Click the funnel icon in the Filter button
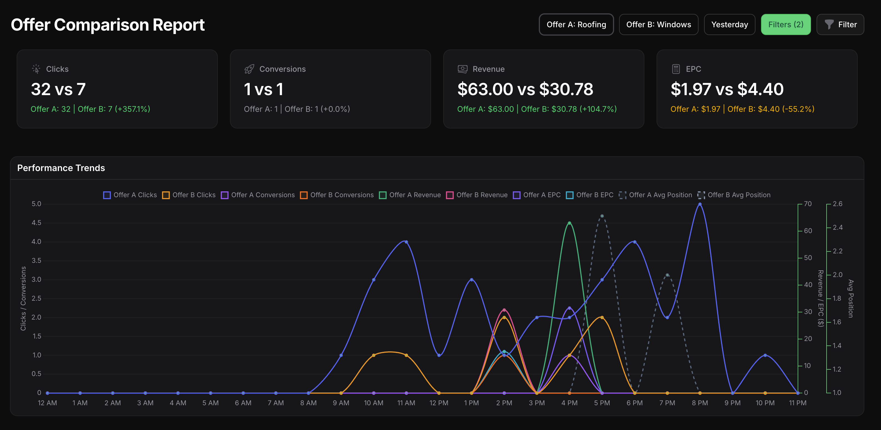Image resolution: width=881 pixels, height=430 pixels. click(x=829, y=24)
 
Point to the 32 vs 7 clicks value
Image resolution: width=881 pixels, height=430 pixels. click(x=58, y=89)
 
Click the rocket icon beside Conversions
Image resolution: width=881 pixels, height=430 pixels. click(x=249, y=69)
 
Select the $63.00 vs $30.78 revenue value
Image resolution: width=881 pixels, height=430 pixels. click(x=525, y=89)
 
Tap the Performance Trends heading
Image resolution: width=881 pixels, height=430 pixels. click(x=61, y=168)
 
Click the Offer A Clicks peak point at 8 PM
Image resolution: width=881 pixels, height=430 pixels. click(x=700, y=204)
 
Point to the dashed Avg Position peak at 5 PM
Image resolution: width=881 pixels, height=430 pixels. click(x=602, y=216)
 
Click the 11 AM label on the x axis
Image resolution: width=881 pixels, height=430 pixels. click(x=406, y=403)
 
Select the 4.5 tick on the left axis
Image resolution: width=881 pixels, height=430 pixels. click(x=36, y=223)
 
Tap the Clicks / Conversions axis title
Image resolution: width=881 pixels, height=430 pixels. click(x=23, y=298)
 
